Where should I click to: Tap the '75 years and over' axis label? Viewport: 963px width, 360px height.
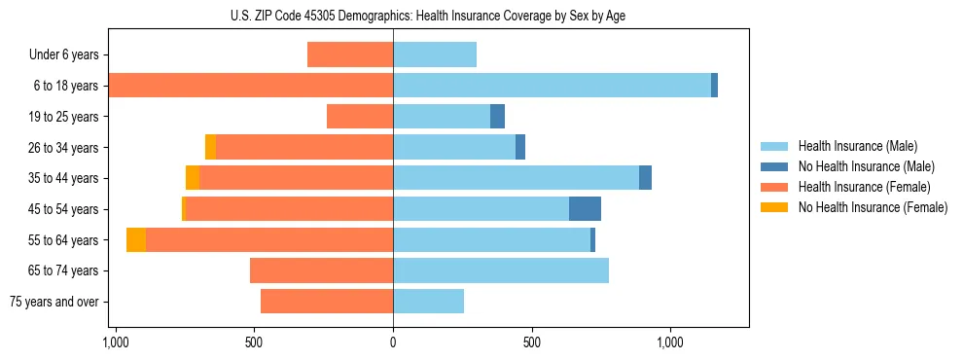pyautogui.click(x=54, y=302)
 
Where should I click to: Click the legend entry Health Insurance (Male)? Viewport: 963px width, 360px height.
pyautogui.click(x=856, y=146)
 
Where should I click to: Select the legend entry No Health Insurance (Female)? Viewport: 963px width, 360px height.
pyautogui.click(x=873, y=207)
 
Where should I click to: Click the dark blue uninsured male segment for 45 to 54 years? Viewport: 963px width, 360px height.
pyautogui.click(x=585, y=209)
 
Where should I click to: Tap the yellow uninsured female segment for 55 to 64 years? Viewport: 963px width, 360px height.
pyautogui.click(x=136, y=240)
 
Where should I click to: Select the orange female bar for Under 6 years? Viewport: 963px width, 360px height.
pyautogui.click(x=350, y=54)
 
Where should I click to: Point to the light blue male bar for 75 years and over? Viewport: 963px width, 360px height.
pyautogui.click(x=428, y=302)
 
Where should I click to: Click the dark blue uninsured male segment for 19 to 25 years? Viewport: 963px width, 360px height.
pyautogui.click(x=497, y=117)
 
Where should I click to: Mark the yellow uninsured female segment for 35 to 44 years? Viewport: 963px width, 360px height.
pyautogui.click(x=193, y=178)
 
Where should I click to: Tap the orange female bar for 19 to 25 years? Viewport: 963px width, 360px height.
pyautogui.click(x=360, y=117)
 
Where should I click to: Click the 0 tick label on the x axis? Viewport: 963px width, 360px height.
pyautogui.click(x=393, y=343)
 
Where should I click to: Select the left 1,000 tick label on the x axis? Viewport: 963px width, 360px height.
pyautogui.click(x=116, y=343)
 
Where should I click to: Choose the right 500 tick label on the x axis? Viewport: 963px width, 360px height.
pyautogui.click(x=531, y=343)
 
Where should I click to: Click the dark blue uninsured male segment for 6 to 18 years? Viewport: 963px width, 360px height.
pyautogui.click(x=714, y=86)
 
